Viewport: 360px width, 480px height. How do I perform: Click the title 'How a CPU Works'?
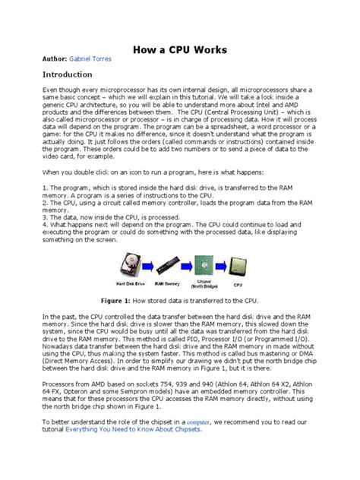click(x=179, y=50)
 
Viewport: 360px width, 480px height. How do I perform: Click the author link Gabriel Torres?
click(x=90, y=58)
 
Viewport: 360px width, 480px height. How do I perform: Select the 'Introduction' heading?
click(x=57, y=74)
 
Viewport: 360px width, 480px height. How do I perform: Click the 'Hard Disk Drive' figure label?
click(x=132, y=285)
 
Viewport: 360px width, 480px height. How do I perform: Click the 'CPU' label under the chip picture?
click(x=238, y=285)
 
